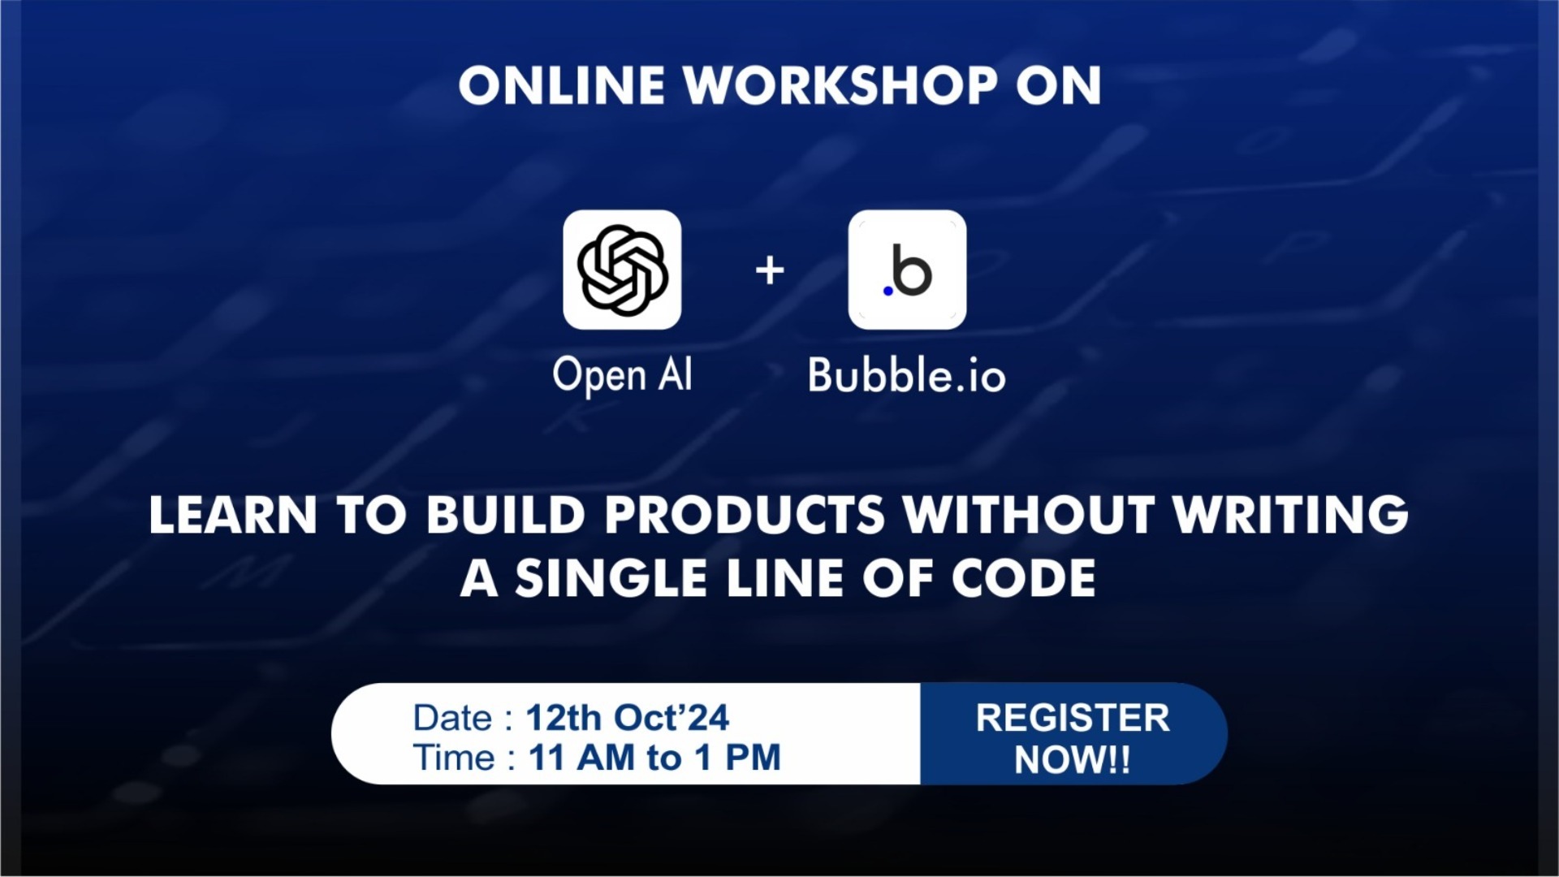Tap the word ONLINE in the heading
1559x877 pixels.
coord(562,86)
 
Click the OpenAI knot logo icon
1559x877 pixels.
coord(622,270)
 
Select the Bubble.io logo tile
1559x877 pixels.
coord(907,270)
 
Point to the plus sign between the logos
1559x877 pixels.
coord(770,270)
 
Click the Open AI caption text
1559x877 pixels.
coord(622,376)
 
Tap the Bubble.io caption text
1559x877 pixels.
coord(906,376)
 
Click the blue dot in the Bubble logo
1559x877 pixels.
coord(887,291)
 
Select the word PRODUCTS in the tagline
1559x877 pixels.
coord(745,516)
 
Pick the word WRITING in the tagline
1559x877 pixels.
coord(1291,516)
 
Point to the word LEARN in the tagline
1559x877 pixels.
coord(233,516)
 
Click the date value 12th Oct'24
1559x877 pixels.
coord(628,718)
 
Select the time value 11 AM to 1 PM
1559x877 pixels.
coord(654,758)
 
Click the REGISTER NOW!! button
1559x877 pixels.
coord(1073,737)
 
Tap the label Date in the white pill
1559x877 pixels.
coord(452,718)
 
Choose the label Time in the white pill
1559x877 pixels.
coord(454,758)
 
